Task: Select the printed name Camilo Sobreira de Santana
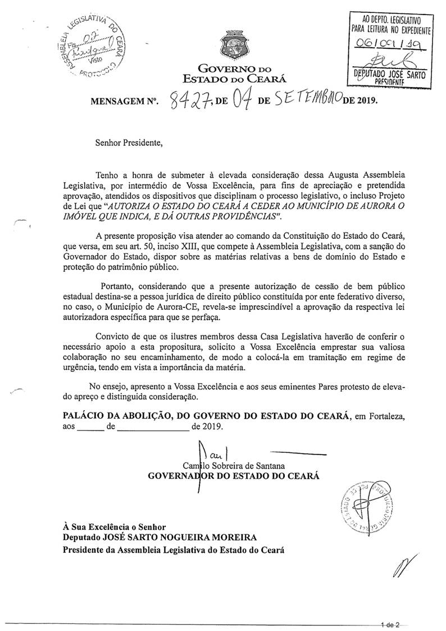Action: click(x=234, y=466)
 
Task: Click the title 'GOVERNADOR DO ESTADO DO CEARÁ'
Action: click(x=233, y=476)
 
